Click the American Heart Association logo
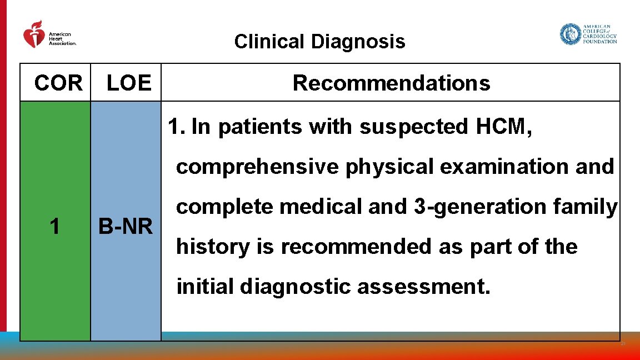click(x=49, y=35)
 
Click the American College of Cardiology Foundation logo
click(x=588, y=34)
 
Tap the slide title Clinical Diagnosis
click(x=319, y=42)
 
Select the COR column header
click(x=58, y=83)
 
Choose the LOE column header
click(x=129, y=83)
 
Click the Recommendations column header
click(x=391, y=83)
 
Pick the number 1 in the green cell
click(x=54, y=226)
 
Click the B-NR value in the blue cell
click(x=126, y=227)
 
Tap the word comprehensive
click(x=258, y=167)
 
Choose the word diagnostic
click(x=297, y=287)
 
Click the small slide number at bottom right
click(x=623, y=344)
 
